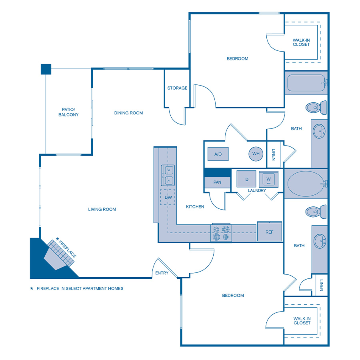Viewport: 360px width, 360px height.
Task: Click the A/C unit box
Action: point(218,154)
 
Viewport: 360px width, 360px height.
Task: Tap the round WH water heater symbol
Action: point(256,154)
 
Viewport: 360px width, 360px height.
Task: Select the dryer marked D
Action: point(247,179)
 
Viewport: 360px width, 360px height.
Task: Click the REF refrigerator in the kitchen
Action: point(269,232)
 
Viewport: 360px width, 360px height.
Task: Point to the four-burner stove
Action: point(221,233)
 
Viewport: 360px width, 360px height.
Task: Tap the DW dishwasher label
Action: point(168,197)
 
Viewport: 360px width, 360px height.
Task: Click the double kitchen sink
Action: point(168,175)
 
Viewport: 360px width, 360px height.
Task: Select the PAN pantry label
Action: point(217,182)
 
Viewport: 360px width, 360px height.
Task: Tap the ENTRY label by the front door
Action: point(162,274)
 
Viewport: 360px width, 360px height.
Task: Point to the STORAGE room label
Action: point(177,88)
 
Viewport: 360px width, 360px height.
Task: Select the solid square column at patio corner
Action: point(46,69)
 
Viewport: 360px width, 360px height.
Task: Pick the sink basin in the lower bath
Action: point(320,241)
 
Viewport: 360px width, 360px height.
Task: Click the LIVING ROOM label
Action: point(102,209)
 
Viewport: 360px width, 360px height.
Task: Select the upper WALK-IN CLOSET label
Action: point(301,42)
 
